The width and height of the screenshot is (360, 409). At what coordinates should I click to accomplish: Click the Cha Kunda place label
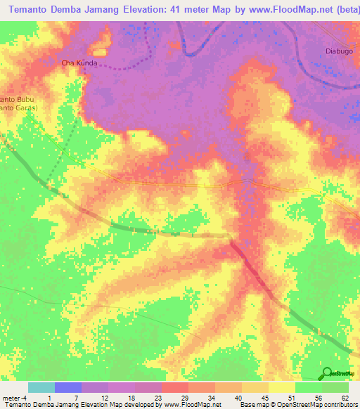[x=79, y=63]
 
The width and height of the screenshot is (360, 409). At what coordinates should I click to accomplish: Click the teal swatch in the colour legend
[x=41, y=387]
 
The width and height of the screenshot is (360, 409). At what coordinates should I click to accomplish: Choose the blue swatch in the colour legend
[x=67, y=387]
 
